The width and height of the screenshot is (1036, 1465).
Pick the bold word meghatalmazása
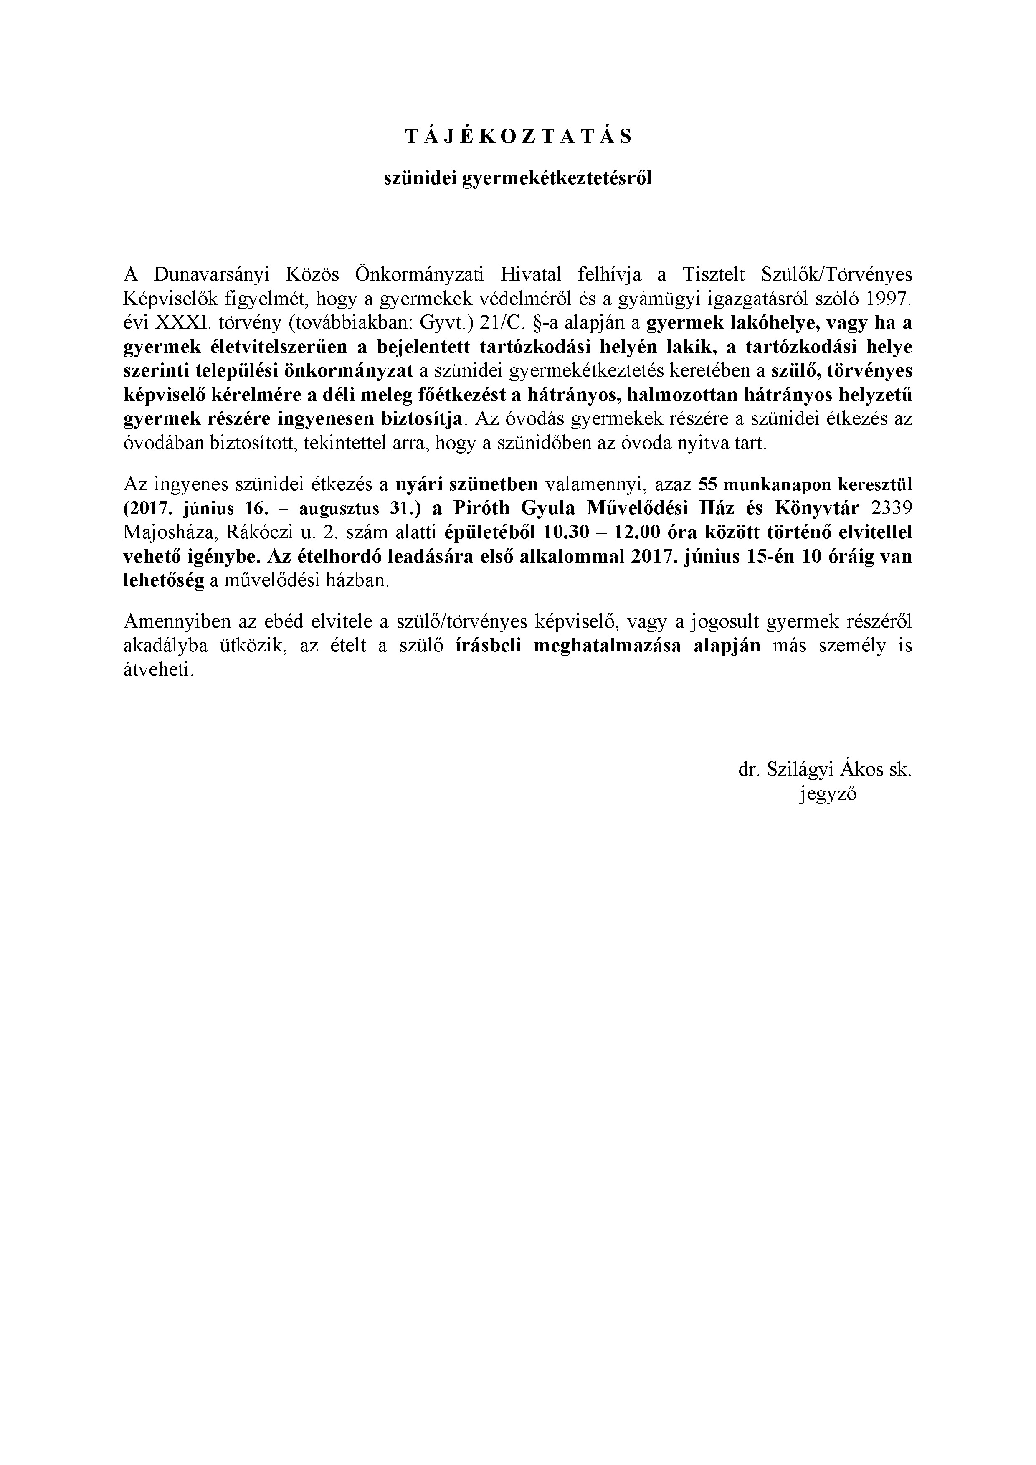click(x=608, y=646)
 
